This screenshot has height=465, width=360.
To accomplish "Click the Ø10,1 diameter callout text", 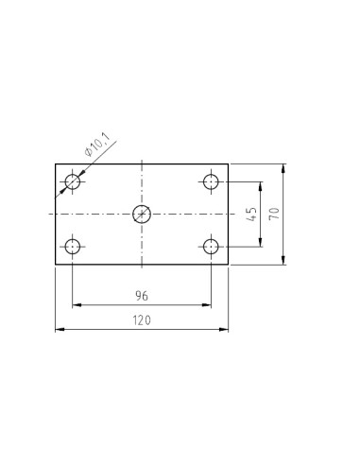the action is (x=97, y=145).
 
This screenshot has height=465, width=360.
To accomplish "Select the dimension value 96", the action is (x=142, y=296).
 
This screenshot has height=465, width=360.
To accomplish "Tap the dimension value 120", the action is (x=142, y=320).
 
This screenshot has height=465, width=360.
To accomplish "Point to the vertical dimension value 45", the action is (x=252, y=215).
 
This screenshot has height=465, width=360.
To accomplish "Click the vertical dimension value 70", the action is (x=275, y=214).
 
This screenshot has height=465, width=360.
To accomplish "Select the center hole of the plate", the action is (x=142, y=214).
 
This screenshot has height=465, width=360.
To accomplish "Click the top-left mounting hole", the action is (x=73, y=181).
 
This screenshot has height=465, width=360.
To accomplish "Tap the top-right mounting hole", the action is (x=211, y=181).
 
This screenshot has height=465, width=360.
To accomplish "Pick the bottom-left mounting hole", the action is (x=73, y=247).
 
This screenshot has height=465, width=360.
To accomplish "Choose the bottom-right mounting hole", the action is (x=211, y=247).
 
